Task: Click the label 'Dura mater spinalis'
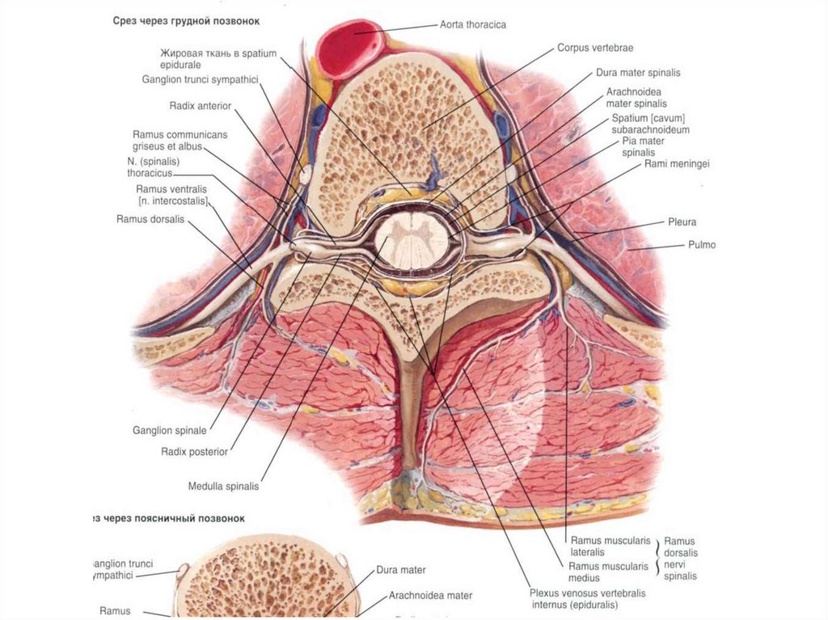click(x=638, y=73)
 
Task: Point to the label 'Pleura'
click(x=682, y=221)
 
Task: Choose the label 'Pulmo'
click(x=701, y=244)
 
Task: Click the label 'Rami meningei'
click(x=677, y=164)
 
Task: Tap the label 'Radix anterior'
click(x=201, y=105)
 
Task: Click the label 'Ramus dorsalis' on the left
click(x=150, y=219)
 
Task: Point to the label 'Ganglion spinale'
click(x=170, y=431)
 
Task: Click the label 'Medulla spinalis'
click(x=223, y=487)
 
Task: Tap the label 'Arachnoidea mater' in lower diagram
click(x=430, y=596)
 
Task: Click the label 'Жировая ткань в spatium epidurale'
click(x=218, y=59)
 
